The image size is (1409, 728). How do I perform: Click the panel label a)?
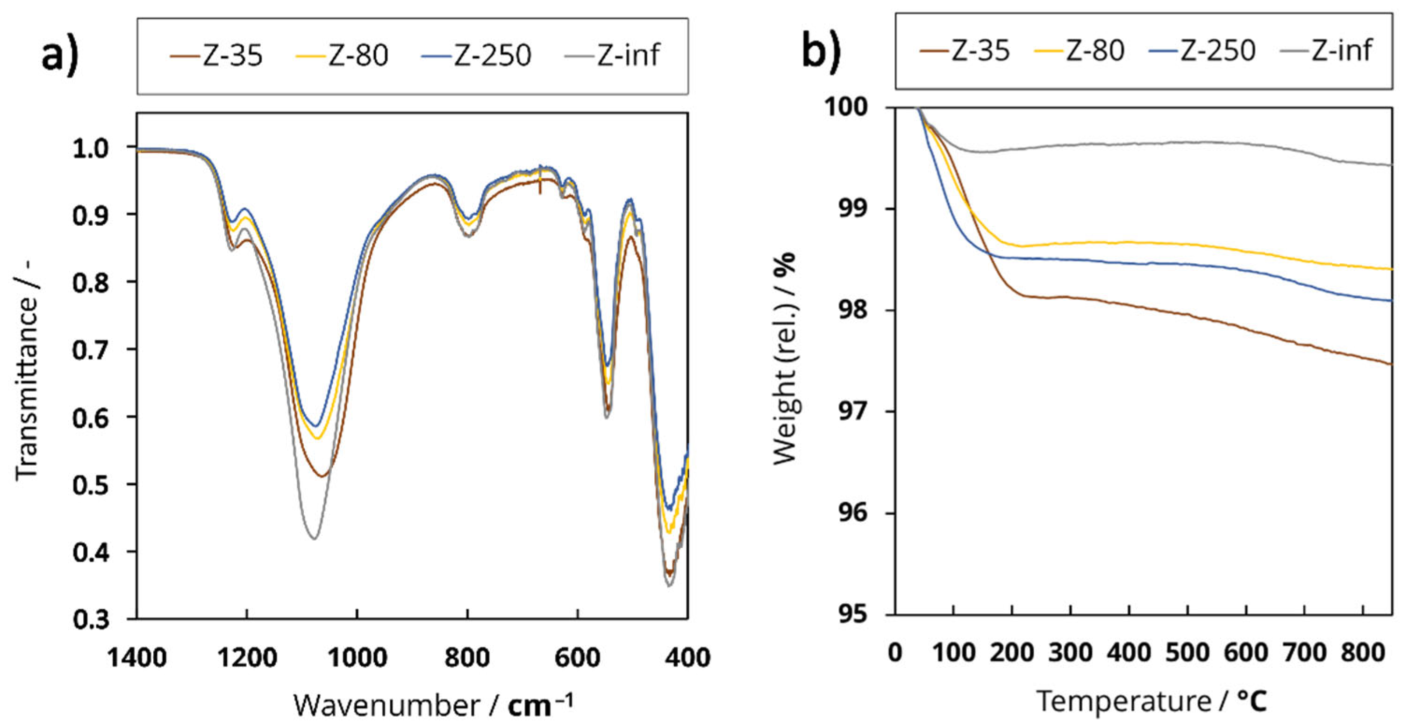[60, 55]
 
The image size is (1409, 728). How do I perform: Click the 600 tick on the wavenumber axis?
[577, 656]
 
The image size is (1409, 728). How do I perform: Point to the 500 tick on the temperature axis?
[1187, 652]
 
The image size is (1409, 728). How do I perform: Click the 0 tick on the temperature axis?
[895, 652]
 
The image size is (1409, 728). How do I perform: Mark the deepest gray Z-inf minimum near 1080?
[314, 538]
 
